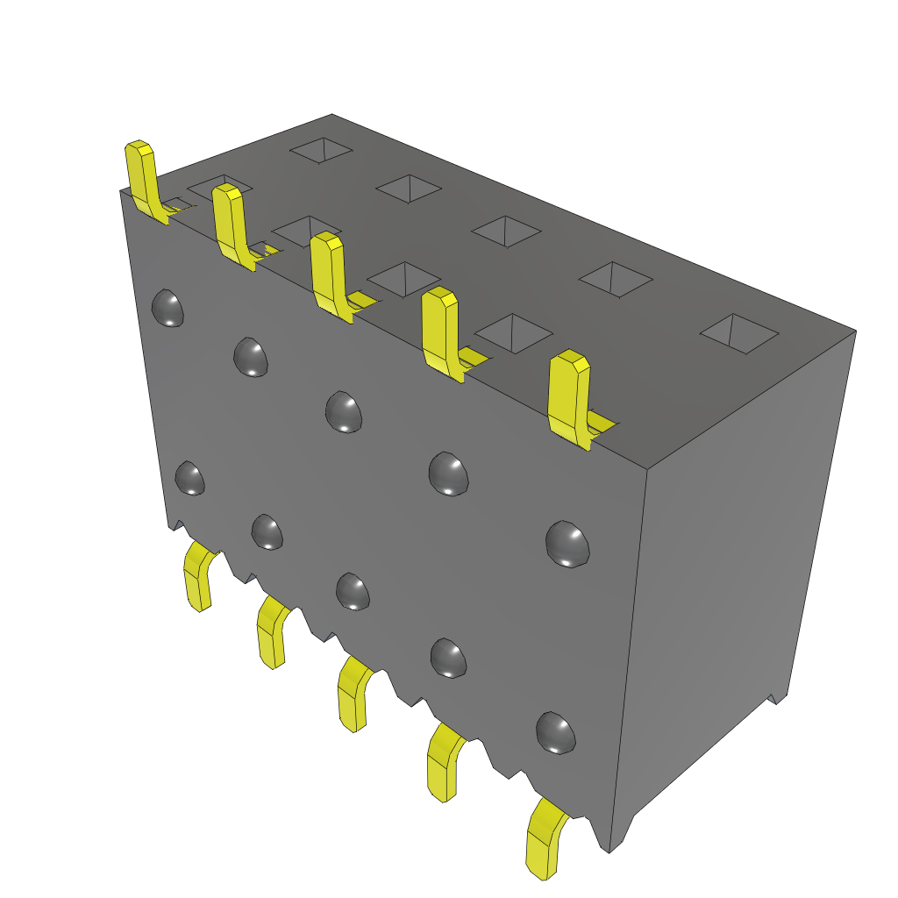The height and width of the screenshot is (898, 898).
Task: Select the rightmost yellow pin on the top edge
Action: [x=568, y=395]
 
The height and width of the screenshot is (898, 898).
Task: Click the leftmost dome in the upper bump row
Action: [x=167, y=308]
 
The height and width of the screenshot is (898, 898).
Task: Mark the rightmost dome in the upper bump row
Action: [x=567, y=543]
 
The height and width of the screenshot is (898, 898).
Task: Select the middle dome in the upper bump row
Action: [x=344, y=411]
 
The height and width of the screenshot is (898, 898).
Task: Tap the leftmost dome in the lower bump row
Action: [x=190, y=478]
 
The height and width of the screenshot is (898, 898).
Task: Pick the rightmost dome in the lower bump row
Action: [x=556, y=732]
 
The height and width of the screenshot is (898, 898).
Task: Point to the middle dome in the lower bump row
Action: [x=353, y=591]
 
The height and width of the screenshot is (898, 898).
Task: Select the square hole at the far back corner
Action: [x=322, y=150]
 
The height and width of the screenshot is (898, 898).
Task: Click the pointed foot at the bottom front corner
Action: [x=610, y=844]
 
